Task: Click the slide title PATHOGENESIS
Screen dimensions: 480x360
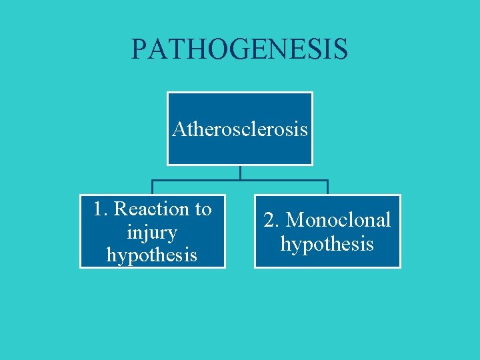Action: tap(239, 49)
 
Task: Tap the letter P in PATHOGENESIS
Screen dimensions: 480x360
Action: tap(139, 49)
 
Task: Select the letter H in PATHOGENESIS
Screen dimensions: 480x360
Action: tap(186, 49)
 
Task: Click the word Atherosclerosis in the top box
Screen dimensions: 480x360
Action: tap(239, 128)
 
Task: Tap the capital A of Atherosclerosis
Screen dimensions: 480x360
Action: tap(179, 128)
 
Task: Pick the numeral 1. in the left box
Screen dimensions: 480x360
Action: tap(101, 209)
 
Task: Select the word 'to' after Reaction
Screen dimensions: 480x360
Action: tap(203, 209)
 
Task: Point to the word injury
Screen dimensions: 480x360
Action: tap(153, 233)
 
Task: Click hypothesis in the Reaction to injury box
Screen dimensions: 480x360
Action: tap(152, 255)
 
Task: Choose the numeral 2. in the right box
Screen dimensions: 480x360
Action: tap(272, 220)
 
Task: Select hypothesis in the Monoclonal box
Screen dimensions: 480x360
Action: tap(327, 244)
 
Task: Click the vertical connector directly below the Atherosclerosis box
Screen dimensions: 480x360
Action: tap(240, 172)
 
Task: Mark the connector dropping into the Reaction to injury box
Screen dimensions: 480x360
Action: tap(153, 187)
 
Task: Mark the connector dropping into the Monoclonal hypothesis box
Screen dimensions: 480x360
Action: tap(327, 187)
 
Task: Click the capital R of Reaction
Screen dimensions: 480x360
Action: tap(121, 209)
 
